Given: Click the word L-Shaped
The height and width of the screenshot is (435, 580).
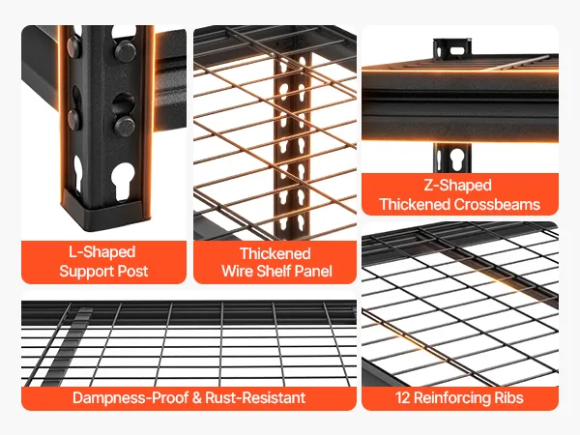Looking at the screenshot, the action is coord(102,252).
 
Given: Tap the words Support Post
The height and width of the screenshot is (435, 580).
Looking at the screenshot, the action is coord(103,271).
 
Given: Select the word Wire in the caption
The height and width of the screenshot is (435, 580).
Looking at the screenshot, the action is coord(237,271).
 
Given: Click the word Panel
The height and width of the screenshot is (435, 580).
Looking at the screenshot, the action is coord(314,271).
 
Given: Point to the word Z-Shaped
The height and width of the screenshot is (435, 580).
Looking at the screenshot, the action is coord(457,186).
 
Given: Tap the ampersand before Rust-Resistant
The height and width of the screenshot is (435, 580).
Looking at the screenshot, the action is coord(197,398).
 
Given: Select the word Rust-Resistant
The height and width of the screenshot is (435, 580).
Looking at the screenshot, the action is coord(255,398).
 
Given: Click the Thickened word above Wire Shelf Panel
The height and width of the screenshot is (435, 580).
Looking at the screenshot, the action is coord(275,253).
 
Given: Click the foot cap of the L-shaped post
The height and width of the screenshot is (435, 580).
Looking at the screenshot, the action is coord(102,212).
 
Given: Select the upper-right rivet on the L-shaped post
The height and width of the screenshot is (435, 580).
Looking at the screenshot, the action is coord(126,49).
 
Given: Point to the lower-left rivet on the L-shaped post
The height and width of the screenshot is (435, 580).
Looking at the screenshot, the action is coord(74,118).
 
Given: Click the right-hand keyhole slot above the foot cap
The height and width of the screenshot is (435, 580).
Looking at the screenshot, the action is coord(123,181).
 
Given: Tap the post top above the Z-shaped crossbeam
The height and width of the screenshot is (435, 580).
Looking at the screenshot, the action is coord(452,48).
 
